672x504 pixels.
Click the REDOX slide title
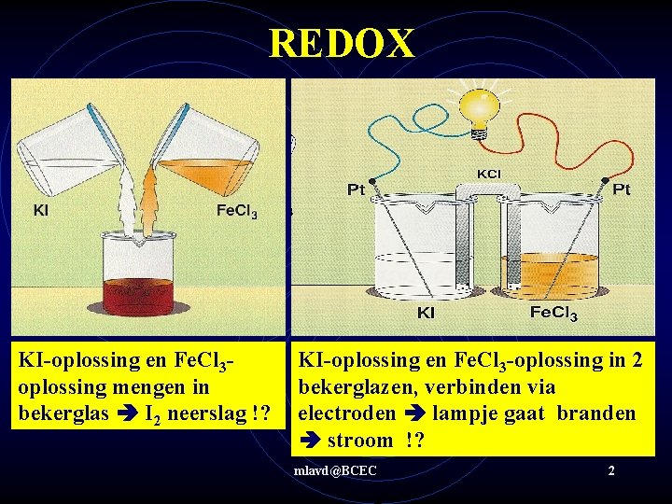pos(342,43)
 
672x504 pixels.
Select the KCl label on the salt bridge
pos(488,174)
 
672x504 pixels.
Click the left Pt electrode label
pos(356,189)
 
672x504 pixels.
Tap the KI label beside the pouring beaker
pos(41,210)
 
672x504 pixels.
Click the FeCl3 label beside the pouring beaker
pos(237,210)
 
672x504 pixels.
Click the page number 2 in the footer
pos(610,470)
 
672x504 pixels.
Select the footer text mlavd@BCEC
pos(334,470)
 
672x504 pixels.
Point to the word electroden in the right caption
pos(344,412)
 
